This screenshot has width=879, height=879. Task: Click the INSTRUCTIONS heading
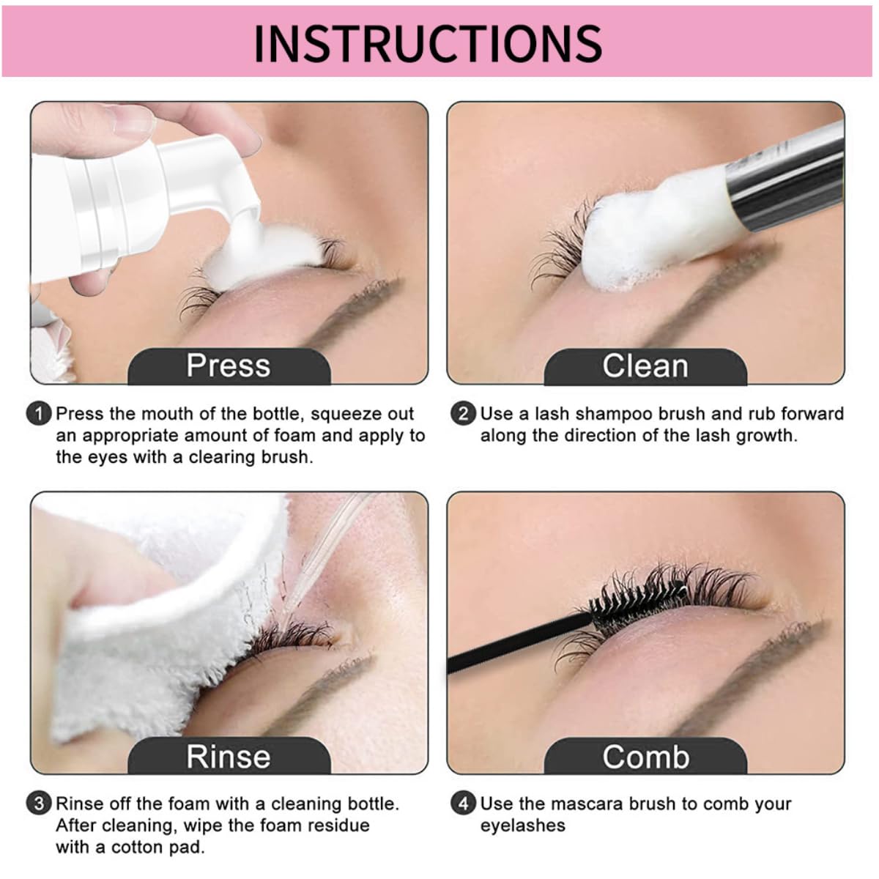pos(428,44)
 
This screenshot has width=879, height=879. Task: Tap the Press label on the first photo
pos(229,366)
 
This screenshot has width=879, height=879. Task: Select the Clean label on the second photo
pos(645,366)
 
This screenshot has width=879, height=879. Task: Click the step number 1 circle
pos(39,414)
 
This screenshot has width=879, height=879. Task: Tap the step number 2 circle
pos(463,414)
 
